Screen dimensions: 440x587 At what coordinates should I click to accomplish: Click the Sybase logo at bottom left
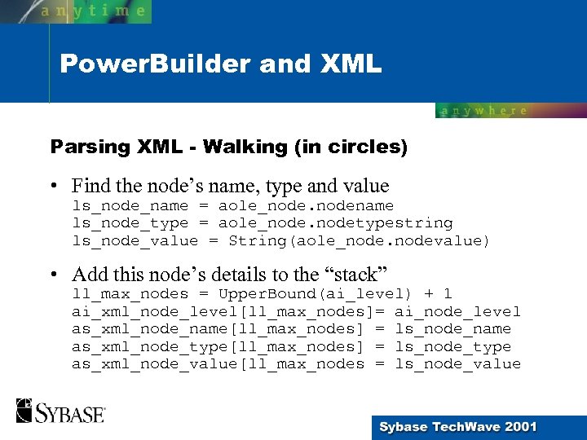(x=60, y=411)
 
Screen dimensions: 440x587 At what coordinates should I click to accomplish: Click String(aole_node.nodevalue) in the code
(x=360, y=240)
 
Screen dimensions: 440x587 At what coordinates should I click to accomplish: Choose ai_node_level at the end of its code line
(x=457, y=311)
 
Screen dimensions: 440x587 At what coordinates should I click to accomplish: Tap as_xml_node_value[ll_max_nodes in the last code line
(x=218, y=364)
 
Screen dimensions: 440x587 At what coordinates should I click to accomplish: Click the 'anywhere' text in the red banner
(x=484, y=111)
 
